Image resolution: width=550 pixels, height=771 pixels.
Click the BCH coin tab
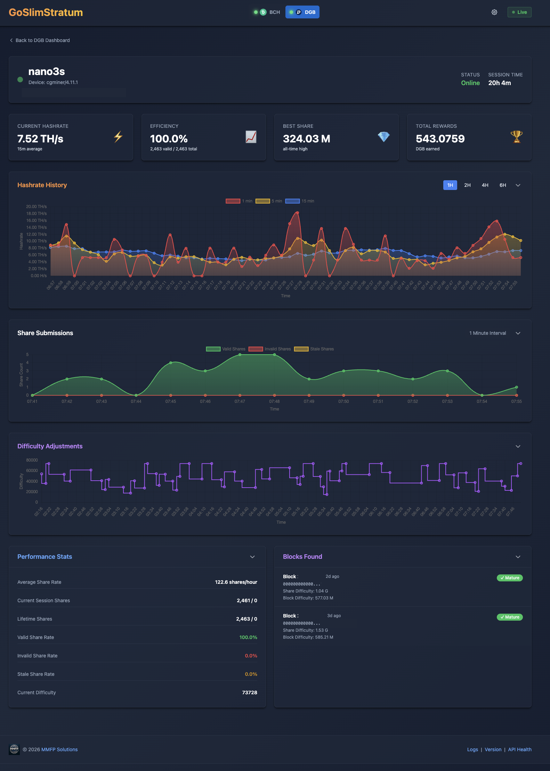(268, 12)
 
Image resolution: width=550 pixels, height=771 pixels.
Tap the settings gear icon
(494, 12)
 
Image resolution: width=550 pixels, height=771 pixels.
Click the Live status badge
(519, 12)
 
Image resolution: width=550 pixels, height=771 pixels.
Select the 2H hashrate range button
(467, 185)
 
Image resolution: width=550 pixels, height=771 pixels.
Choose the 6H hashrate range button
(503, 185)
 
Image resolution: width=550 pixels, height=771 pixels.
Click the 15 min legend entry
(300, 201)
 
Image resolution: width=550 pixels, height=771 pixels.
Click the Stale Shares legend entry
(314, 349)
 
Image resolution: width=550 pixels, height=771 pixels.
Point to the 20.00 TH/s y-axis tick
(36, 207)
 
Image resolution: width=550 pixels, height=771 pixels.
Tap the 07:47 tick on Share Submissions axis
(240, 401)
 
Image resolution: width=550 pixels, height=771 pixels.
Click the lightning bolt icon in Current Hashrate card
(118, 137)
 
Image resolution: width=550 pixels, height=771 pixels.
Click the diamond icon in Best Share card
(383, 137)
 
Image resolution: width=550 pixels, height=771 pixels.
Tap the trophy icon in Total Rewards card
(516, 137)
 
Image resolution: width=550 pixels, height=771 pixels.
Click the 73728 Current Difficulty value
(249, 693)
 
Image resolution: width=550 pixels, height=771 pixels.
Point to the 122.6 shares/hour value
(236, 582)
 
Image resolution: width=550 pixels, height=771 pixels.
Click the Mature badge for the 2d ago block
(509, 578)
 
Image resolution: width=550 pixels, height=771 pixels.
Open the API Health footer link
(519, 749)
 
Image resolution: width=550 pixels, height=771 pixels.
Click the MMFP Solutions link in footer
(59, 749)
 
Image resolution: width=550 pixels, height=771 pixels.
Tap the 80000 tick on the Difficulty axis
(32, 460)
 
